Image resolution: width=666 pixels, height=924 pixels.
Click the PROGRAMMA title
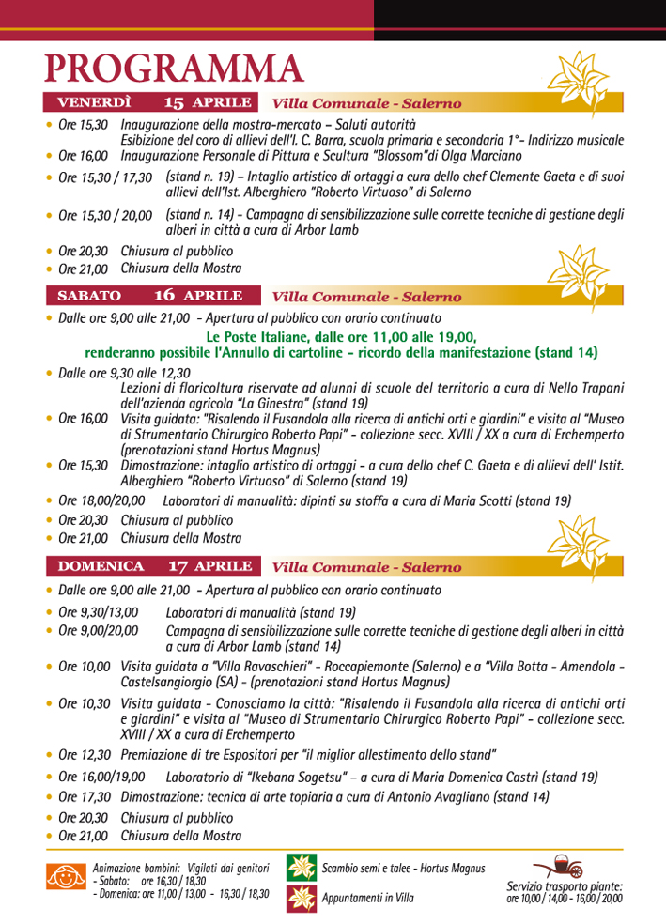[x=175, y=69]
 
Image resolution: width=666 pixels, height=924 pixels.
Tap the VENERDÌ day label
[x=95, y=102]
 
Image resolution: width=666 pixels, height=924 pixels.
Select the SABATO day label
[x=89, y=295]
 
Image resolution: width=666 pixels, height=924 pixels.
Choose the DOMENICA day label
[x=101, y=566]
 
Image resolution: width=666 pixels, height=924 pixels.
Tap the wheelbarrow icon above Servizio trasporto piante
[x=557, y=866]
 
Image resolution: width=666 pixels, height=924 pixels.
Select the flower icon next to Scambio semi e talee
[x=301, y=868]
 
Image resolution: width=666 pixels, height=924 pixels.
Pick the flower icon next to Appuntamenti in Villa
[x=301, y=898]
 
